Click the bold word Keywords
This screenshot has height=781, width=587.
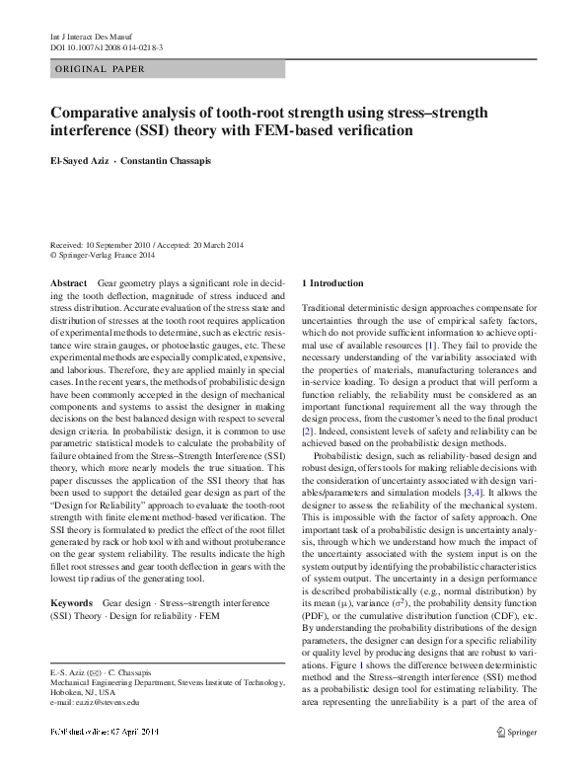(71, 602)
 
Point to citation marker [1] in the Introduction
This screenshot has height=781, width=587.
(430, 348)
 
